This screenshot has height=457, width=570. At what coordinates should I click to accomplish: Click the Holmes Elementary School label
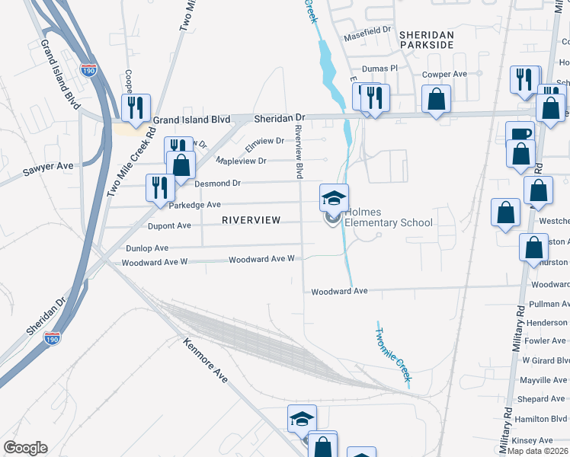coord(388,217)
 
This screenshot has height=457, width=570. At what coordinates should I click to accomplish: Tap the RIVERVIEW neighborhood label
coord(251,220)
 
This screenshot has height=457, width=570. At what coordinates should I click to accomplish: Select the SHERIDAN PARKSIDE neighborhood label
coord(427,40)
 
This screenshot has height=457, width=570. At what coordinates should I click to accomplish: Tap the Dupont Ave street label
coord(169,226)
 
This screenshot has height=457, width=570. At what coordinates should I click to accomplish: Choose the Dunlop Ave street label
coord(147,248)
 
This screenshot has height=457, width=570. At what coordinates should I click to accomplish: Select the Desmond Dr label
coord(217,184)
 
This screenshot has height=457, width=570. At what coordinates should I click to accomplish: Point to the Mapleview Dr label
coord(241,161)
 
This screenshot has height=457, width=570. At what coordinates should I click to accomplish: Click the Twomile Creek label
coord(394,351)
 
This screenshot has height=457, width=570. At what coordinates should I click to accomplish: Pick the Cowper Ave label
coord(445,75)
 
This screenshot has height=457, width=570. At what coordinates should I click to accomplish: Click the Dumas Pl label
coord(380,68)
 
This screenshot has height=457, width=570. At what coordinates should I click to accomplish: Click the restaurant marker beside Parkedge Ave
coord(159,187)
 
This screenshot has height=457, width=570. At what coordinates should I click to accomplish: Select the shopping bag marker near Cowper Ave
coord(435,99)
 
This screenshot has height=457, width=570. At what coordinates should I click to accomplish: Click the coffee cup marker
coord(520,134)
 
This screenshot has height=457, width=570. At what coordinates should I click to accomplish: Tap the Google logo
coord(25,448)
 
